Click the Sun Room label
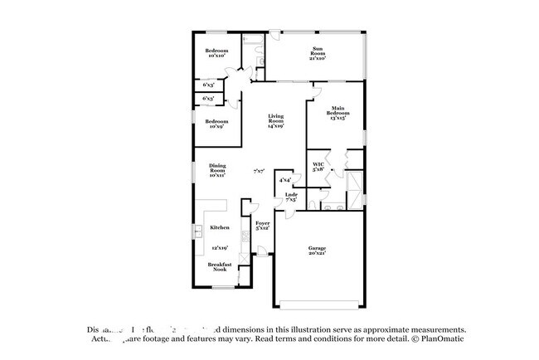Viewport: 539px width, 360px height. (318, 53)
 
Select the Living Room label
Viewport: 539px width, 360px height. (275, 122)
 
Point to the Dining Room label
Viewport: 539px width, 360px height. (217, 169)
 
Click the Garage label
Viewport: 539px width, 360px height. (318, 249)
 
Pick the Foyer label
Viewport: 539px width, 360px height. (262, 226)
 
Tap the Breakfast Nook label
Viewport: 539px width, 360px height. (220, 267)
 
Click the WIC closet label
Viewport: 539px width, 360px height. (318, 166)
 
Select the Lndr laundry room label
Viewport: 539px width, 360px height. (292, 197)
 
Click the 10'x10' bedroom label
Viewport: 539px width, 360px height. (217, 53)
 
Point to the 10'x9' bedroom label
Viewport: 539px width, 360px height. (217, 124)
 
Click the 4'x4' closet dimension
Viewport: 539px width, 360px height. (284, 179)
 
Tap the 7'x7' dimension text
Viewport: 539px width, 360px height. (260, 171)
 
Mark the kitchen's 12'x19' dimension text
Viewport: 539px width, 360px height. (219, 246)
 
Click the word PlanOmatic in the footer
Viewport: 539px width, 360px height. (444, 338)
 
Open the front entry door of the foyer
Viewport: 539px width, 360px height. (262, 257)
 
